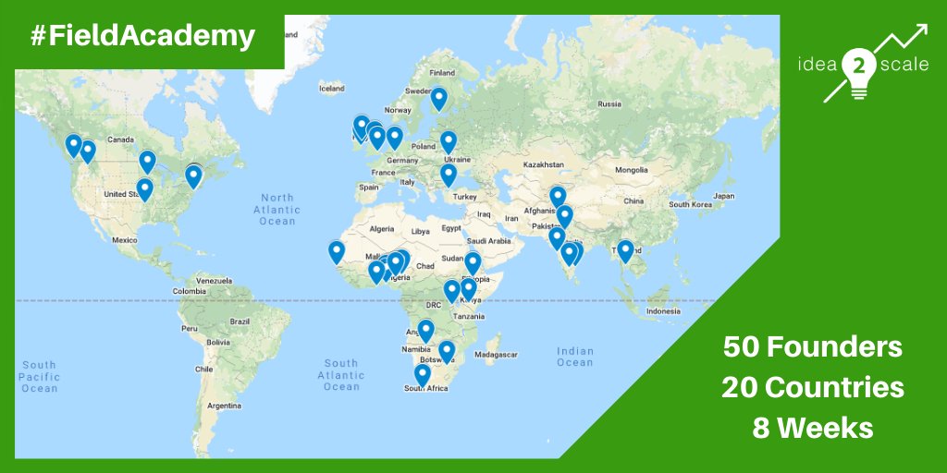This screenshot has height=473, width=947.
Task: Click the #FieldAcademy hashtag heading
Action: click(142, 36)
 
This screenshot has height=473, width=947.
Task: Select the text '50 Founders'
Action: click(812, 347)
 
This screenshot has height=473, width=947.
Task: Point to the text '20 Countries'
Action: click(813, 388)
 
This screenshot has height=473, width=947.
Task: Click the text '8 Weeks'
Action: click(813, 429)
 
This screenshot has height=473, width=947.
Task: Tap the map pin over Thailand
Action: click(625, 250)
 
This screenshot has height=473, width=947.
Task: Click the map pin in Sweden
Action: click(438, 98)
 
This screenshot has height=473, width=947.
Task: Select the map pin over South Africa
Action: click(423, 374)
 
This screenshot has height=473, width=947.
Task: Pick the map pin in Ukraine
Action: click(449, 142)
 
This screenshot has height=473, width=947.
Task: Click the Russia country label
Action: click(609, 103)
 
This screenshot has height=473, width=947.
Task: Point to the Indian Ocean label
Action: click(574, 356)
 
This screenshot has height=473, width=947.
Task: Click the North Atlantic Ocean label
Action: click(277, 209)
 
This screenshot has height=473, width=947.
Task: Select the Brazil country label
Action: click(240, 321)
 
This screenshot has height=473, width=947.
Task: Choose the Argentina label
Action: click(225, 406)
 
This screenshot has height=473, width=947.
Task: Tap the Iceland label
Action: click(331, 89)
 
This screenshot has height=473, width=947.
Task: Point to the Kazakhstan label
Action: click(543, 164)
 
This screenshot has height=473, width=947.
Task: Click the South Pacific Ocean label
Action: click(40, 376)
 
